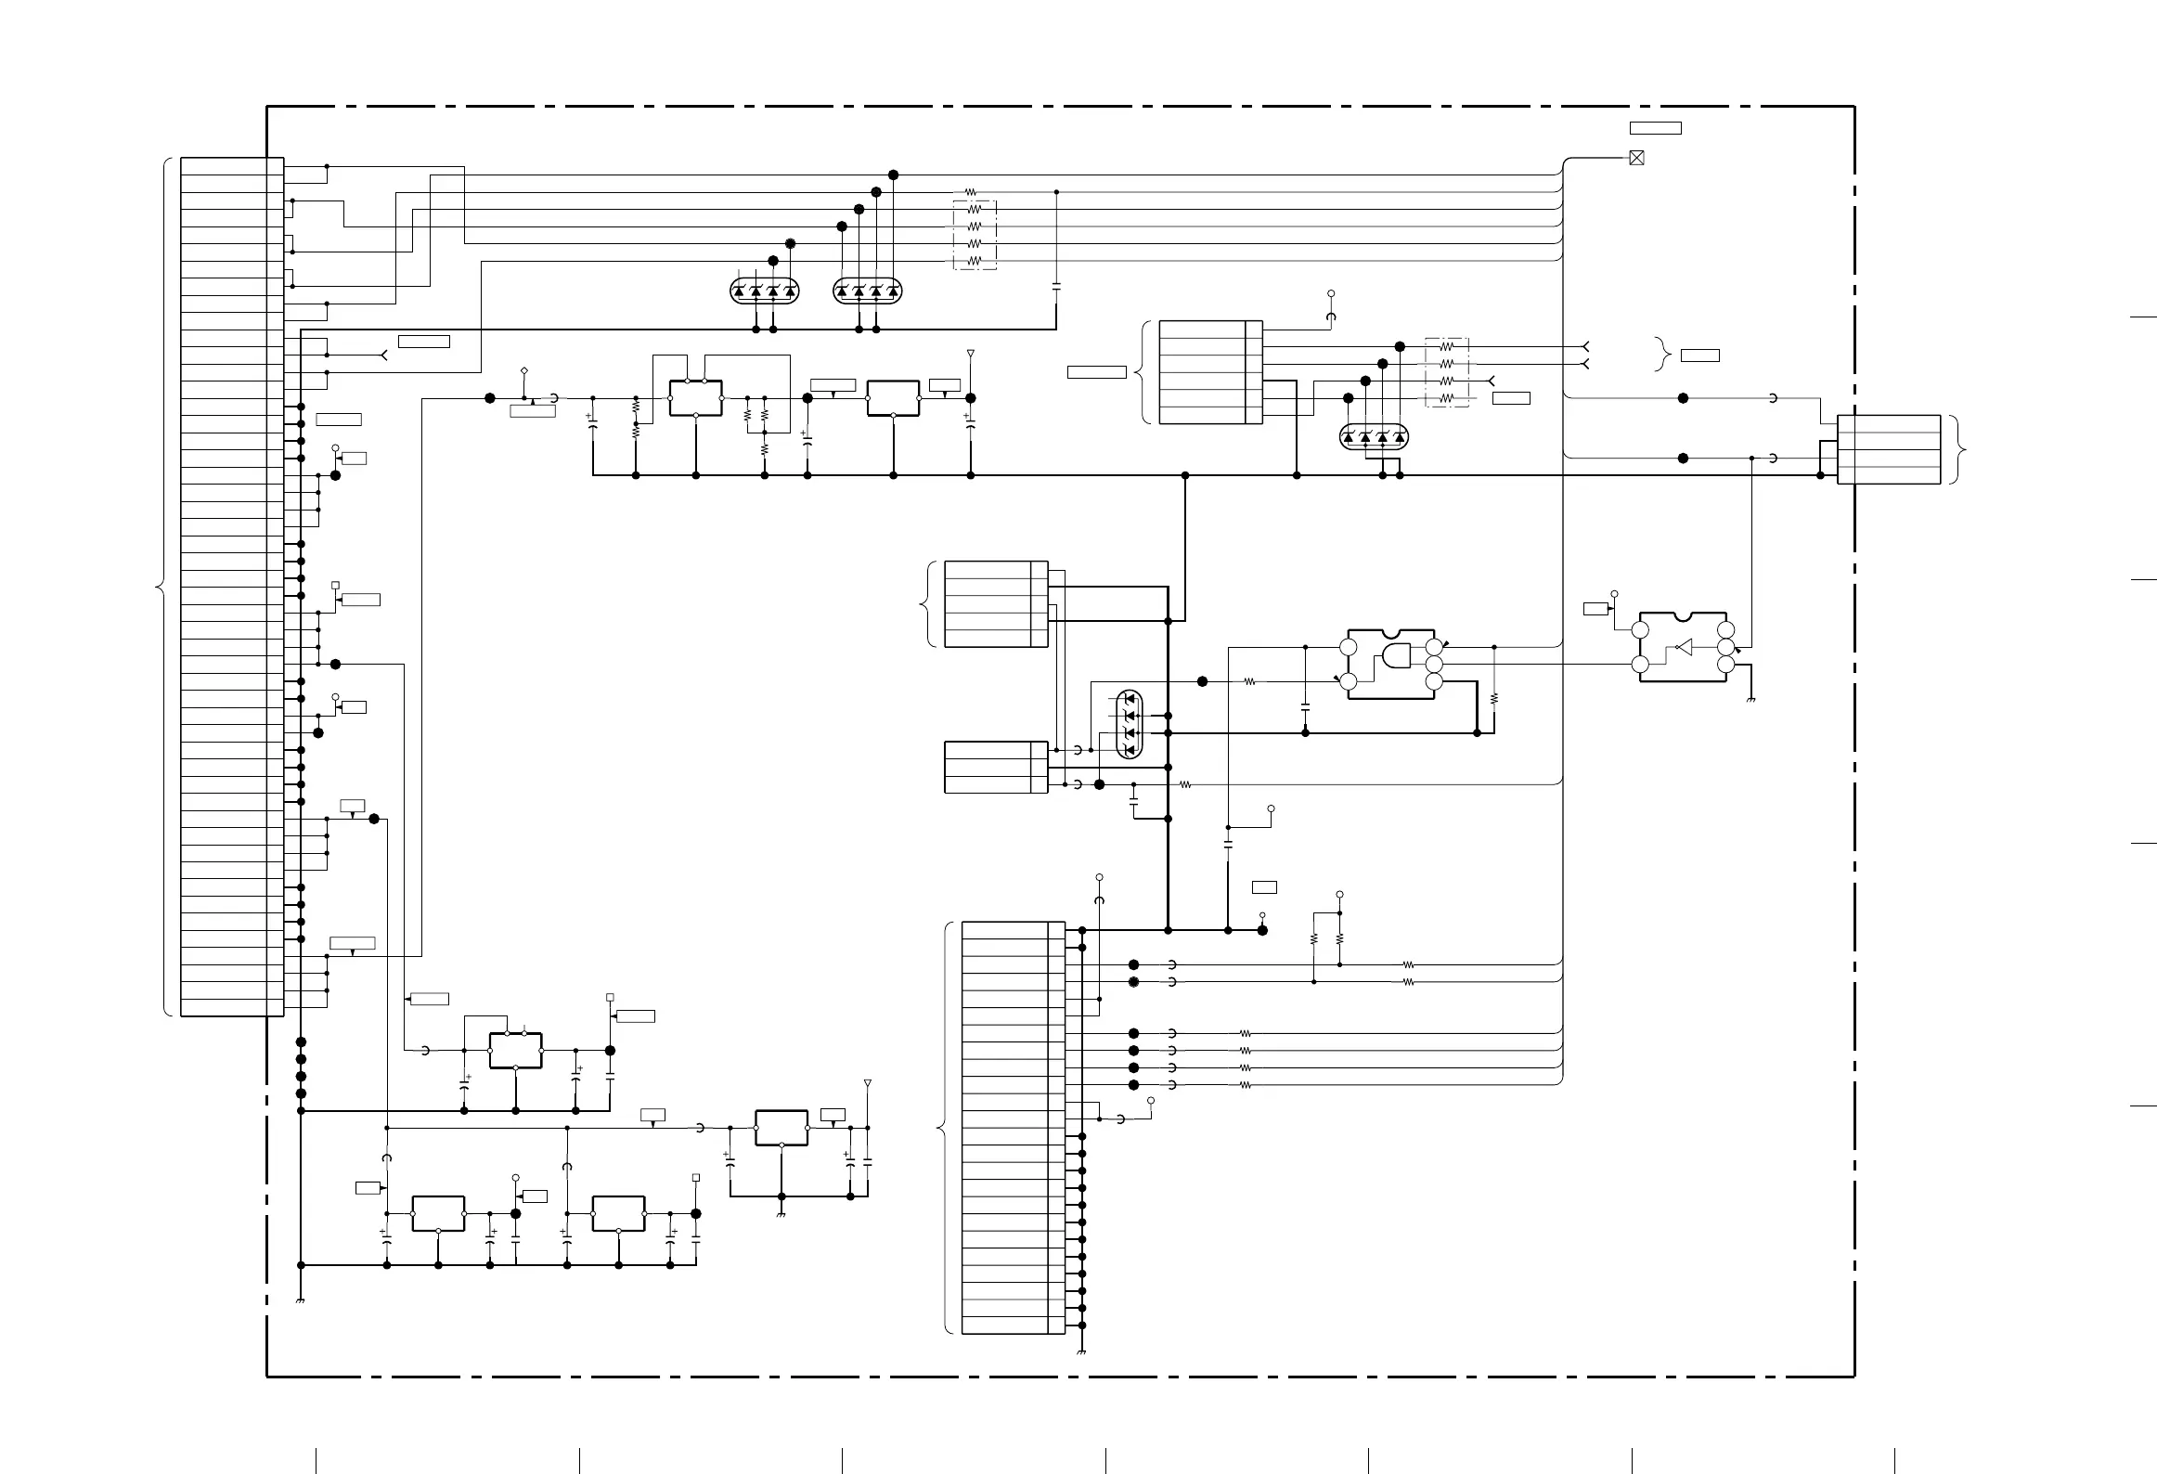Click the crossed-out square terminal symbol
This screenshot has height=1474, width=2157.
tap(1636, 159)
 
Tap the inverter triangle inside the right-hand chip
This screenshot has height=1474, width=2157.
tap(1685, 647)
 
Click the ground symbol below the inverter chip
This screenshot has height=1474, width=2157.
tap(1750, 699)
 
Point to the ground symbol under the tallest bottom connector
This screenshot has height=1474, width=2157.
tap(1082, 1352)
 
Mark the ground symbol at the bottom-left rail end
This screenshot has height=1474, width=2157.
tap(300, 1301)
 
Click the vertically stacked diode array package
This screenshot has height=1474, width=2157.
tap(1130, 725)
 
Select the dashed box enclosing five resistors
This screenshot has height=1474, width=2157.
tap(975, 235)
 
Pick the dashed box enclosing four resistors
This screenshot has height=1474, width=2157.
tap(1447, 372)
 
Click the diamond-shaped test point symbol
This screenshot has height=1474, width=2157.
tap(524, 371)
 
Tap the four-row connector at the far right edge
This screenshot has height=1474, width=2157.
tap(1889, 449)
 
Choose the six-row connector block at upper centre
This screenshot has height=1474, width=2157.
tap(1210, 372)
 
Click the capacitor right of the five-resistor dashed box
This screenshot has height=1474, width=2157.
tap(1056, 287)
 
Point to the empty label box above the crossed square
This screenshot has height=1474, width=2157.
tap(1655, 128)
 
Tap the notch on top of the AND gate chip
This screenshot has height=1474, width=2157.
tap(1390, 631)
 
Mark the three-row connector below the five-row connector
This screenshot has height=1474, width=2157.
tap(996, 767)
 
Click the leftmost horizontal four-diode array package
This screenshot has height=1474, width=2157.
tap(765, 291)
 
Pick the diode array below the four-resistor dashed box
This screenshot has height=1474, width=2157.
tap(1374, 437)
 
